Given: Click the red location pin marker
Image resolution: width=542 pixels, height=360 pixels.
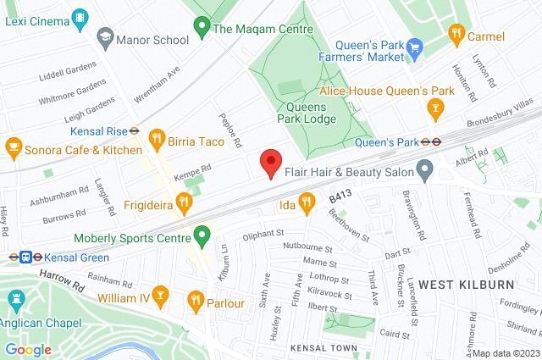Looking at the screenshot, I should pyautogui.click(x=270, y=161).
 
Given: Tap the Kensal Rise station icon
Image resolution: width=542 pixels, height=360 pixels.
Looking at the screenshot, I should pyautogui.click(x=134, y=130).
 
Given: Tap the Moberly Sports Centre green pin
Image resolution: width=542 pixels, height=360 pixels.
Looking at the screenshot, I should pyautogui.click(x=202, y=235).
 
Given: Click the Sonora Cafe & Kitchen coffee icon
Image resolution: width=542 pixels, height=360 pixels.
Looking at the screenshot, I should pyautogui.click(x=14, y=147).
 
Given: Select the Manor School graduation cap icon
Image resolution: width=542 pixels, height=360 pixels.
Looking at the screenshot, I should pyautogui.click(x=105, y=38).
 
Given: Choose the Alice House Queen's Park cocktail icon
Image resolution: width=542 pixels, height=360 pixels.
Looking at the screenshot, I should pyautogui.click(x=436, y=108).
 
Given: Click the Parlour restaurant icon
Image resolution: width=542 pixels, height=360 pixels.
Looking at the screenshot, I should pyautogui.click(x=196, y=299).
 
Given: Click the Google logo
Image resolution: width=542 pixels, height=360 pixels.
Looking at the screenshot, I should pyautogui.click(x=29, y=350).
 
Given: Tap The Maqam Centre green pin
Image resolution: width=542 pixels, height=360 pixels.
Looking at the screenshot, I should pyautogui.click(x=202, y=28).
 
